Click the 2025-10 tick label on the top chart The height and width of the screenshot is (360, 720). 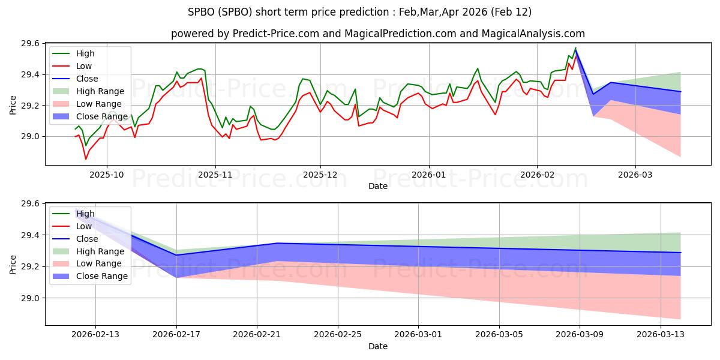click(107, 175)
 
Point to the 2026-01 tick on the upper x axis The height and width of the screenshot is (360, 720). click(428, 175)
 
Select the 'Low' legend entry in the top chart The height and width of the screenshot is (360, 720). click(85, 66)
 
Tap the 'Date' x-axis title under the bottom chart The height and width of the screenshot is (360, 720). click(378, 346)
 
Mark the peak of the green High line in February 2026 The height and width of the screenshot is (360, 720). click(575, 48)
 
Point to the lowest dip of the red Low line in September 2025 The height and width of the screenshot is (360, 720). click(86, 159)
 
